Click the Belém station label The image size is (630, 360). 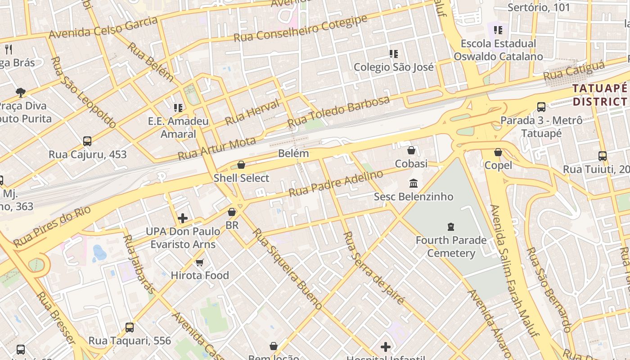[293, 153]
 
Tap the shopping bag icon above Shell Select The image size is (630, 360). [241, 165]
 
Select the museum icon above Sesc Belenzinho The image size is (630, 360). [414, 184]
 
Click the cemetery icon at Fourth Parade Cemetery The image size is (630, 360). [451, 227]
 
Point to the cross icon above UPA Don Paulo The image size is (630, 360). [183, 219]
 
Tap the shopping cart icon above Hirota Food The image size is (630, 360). [200, 262]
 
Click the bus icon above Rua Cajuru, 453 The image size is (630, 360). [87, 141]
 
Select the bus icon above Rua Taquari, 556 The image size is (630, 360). [130, 328]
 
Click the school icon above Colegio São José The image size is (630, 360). [394, 54]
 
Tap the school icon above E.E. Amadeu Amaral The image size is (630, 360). [178, 108]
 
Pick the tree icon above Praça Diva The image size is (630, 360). [20, 93]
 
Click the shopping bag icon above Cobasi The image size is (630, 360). [411, 150]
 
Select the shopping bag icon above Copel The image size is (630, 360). [498, 153]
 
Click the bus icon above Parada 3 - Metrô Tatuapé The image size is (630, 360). [541, 107]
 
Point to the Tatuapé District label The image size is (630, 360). [600, 94]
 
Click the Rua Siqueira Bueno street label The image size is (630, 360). [287, 269]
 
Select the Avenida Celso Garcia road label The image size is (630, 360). [103, 28]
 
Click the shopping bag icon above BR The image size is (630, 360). [232, 212]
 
